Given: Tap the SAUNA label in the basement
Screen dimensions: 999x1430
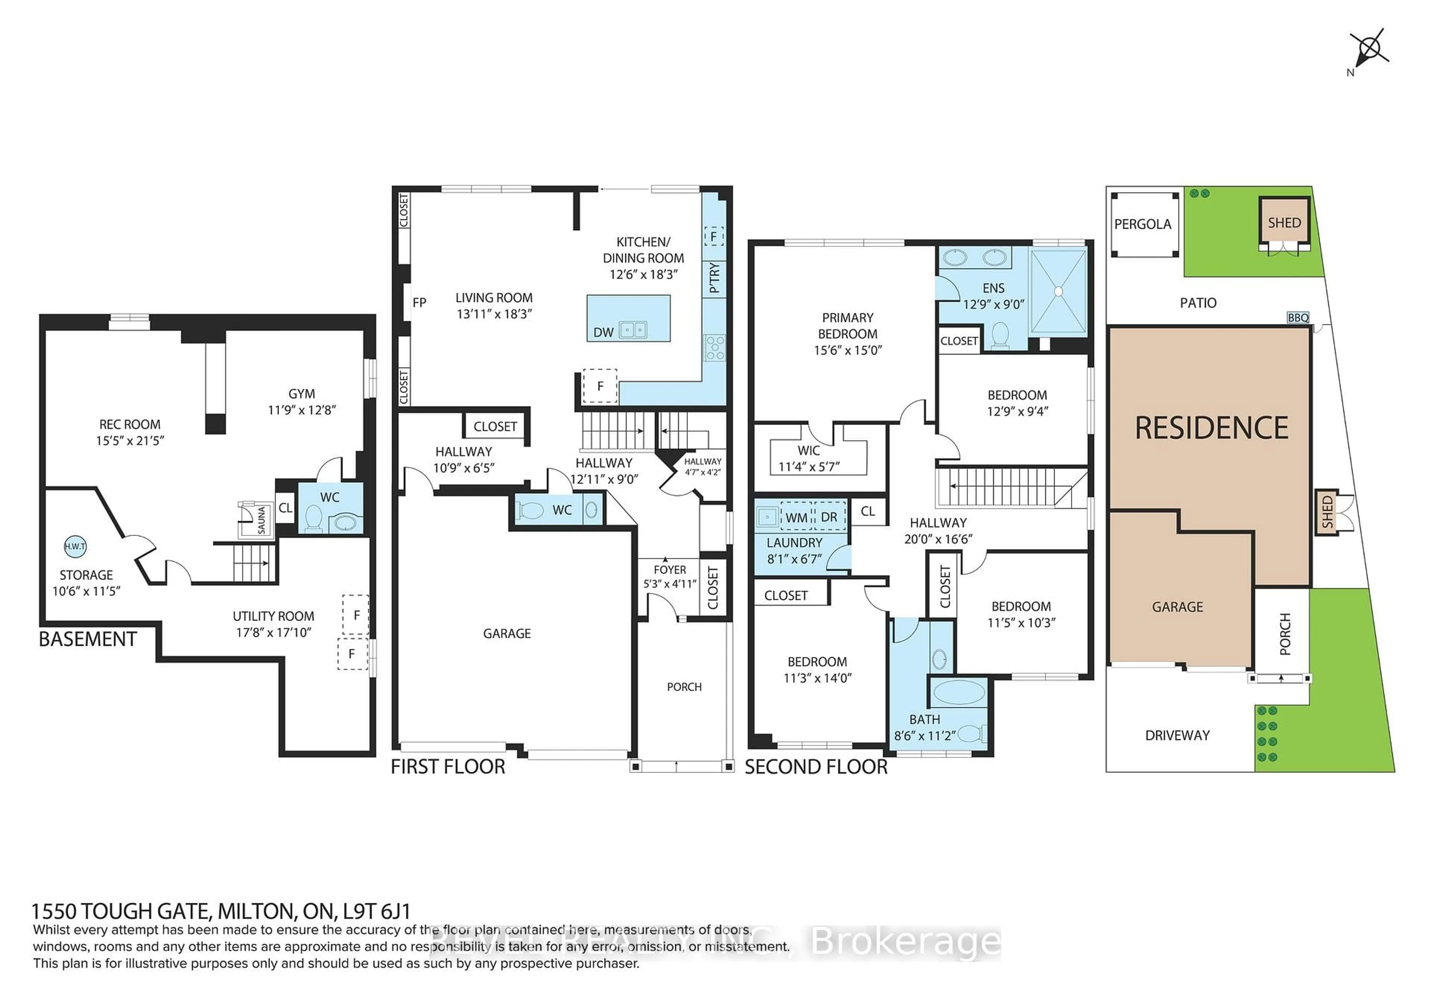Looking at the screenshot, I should pos(261,520).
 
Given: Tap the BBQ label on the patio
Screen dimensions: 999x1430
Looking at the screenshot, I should pos(1298,318).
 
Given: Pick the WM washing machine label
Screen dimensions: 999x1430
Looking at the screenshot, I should pos(796,517).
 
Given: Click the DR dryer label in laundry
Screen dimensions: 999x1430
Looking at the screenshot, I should pos(829,517).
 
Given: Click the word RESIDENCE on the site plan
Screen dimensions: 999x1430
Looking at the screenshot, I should pos(1211,428).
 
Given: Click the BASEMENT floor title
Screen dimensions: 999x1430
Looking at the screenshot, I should pos(88,640).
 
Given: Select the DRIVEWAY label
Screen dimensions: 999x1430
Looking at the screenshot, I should pos(1177,736).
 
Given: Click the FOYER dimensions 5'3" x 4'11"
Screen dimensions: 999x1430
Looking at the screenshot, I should pos(670,584).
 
